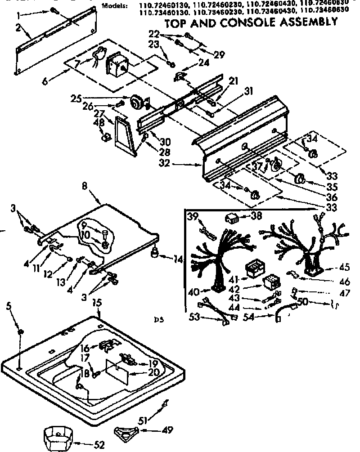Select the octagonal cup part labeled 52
pos(58,436)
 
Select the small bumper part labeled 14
pos(155,256)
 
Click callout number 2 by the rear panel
pos(18,29)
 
